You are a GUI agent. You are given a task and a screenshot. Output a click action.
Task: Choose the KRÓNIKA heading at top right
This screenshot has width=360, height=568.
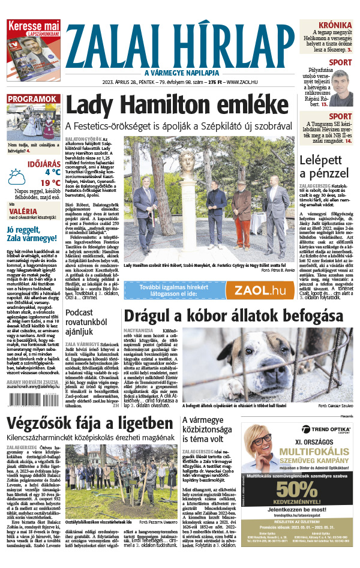(x=335, y=25)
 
